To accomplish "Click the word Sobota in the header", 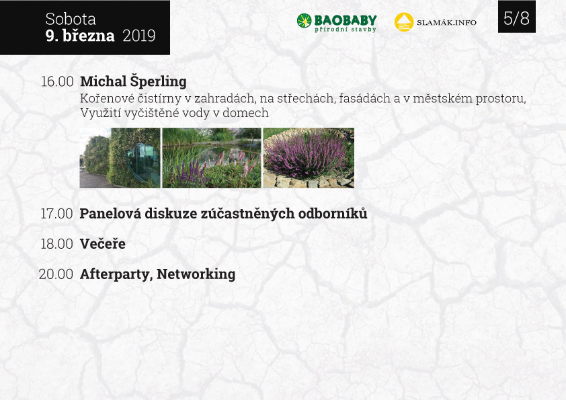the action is click(71, 19).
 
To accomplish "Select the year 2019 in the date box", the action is click(139, 36).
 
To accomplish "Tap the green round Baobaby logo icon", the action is click(305, 21).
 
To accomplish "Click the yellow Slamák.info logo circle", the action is click(404, 22).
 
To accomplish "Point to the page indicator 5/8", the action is click(516, 18).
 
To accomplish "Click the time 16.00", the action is click(57, 81).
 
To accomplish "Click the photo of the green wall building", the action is click(120, 158).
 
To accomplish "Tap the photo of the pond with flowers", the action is click(212, 158).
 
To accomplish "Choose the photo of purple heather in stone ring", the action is click(309, 158).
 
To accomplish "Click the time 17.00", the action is click(56, 214).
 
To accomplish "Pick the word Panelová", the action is click(110, 213).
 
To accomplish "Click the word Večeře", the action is click(103, 243).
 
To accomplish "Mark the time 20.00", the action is click(56, 274).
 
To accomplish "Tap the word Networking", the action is click(196, 274).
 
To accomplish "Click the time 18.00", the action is click(56, 244).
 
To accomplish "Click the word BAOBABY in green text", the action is click(346, 20).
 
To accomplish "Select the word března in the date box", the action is click(89, 36).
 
